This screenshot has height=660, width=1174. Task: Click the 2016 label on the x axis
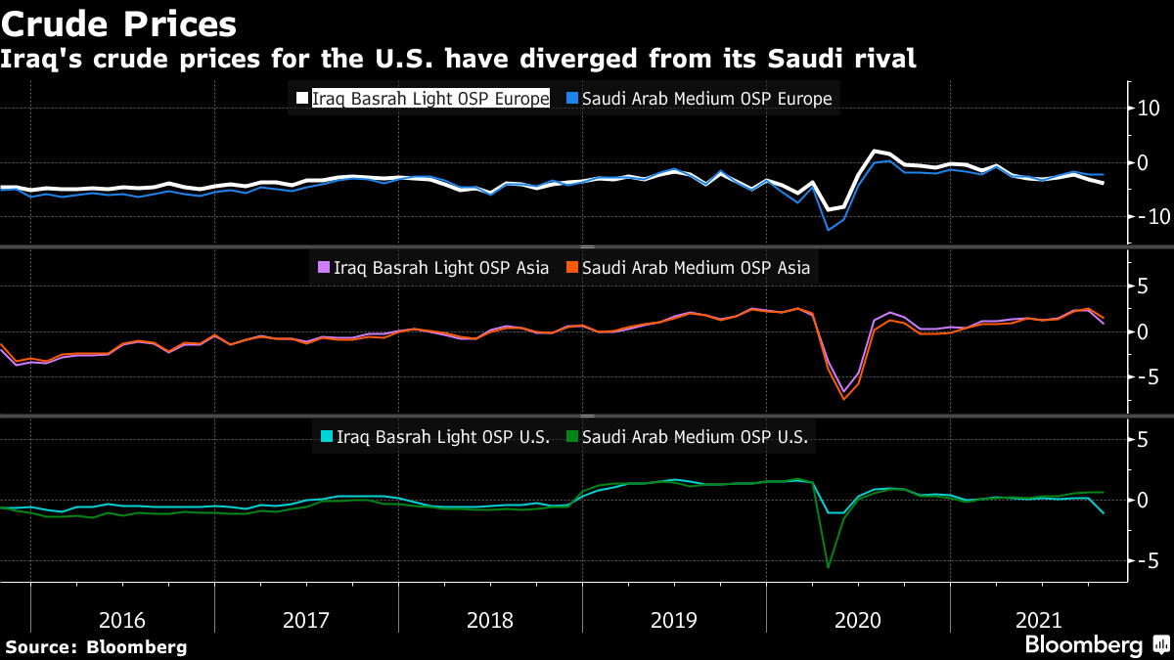click(x=122, y=620)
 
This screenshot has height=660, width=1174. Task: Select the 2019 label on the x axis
click(x=673, y=620)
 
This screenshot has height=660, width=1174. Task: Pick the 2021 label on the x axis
click(x=1039, y=620)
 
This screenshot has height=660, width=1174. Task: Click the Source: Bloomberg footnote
click(x=96, y=646)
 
